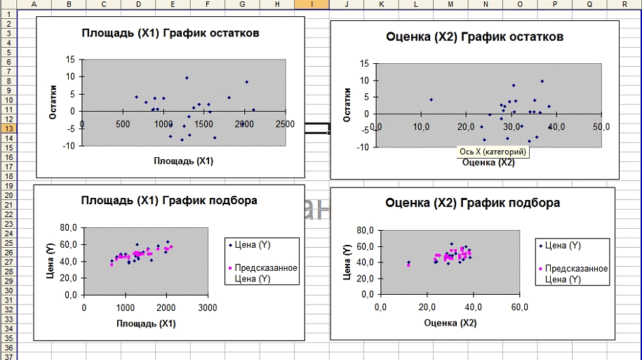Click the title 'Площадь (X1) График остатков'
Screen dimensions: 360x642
click(170, 33)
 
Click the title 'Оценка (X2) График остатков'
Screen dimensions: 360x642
click(475, 36)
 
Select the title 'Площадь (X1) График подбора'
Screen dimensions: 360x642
click(169, 201)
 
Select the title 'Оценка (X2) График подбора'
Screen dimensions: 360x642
click(472, 204)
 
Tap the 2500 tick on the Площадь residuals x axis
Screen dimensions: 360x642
click(284, 124)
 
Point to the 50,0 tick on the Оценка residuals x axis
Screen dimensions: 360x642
click(601, 126)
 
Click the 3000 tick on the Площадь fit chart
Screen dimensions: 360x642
click(206, 308)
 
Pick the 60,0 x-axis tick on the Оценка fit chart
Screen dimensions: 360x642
click(519, 308)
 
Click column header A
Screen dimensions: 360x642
click(34, 4)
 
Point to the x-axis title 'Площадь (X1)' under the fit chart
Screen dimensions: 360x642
click(146, 324)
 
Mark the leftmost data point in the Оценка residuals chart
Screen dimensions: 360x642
click(430, 100)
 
